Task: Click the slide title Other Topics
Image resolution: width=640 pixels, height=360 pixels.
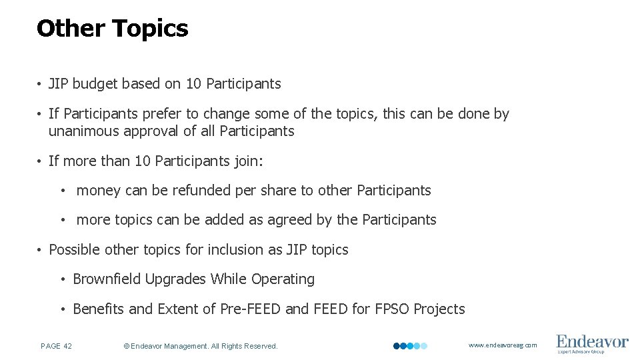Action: [x=112, y=29]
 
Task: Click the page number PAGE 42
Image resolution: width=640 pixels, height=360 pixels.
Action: [x=57, y=346]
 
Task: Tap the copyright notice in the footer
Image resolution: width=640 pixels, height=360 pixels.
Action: [x=201, y=346]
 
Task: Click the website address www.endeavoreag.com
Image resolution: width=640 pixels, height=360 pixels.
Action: [x=502, y=345]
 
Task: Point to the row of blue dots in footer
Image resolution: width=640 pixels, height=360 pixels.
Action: [x=410, y=346]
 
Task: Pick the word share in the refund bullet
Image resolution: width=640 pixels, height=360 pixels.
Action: [x=279, y=191]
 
